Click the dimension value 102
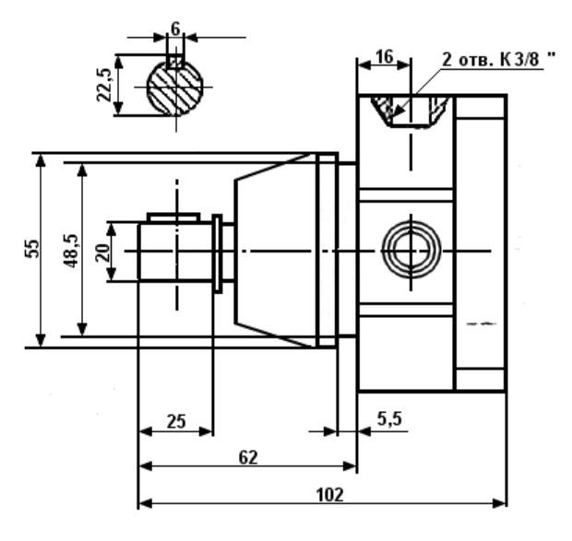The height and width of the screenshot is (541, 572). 329,495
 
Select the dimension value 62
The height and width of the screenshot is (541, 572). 248,457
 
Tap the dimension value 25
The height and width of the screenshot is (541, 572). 176,421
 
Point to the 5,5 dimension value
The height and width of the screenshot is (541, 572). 389,419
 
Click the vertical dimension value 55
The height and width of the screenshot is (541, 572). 31,249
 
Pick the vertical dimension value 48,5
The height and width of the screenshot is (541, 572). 71,251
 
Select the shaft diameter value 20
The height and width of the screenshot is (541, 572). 102,253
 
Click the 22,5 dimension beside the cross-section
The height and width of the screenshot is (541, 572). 103,85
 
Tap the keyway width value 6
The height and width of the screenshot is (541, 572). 175,29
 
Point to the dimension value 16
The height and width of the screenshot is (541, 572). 385,57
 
